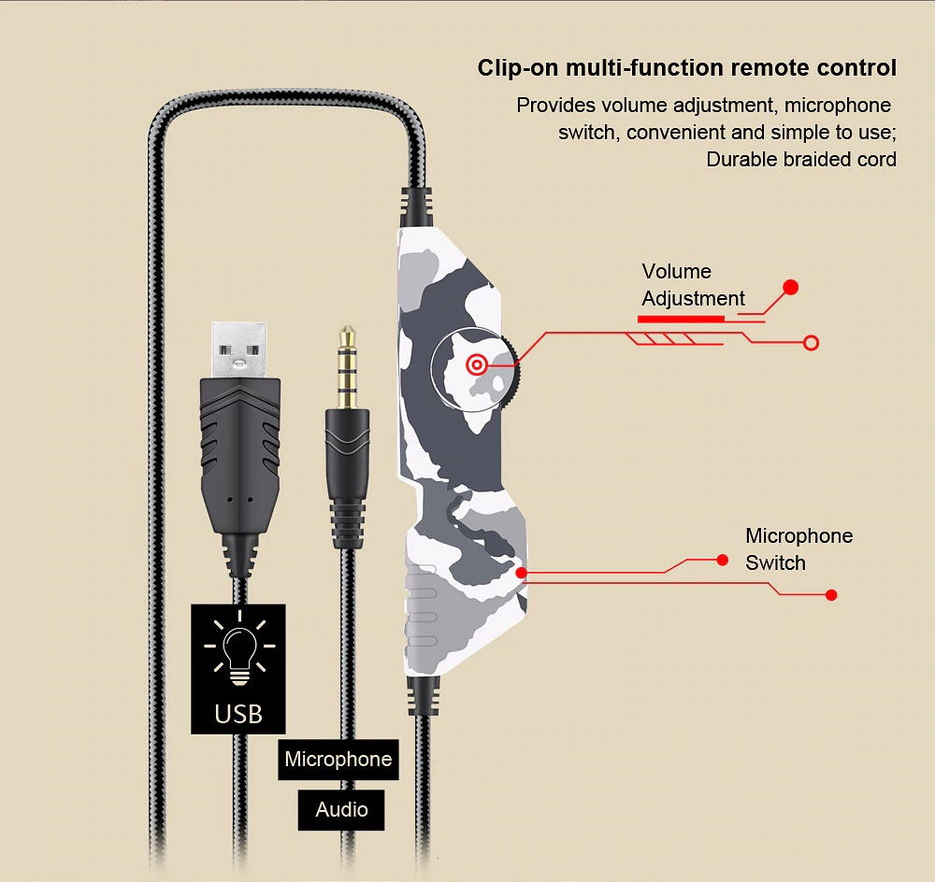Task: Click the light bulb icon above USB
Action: [240, 646]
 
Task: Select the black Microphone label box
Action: [338, 759]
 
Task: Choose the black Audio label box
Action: [341, 809]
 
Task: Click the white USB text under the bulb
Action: [238, 713]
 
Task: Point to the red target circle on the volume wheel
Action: [477, 364]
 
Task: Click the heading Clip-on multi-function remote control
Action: [686, 68]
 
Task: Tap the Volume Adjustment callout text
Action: [693, 285]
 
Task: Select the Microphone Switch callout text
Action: [798, 549]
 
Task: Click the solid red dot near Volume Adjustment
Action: [790, 287]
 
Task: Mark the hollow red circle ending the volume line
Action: [812, 343]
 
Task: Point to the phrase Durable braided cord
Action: [800, 159]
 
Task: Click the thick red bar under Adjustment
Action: [681, 319]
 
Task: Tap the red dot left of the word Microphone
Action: [722, 560]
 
